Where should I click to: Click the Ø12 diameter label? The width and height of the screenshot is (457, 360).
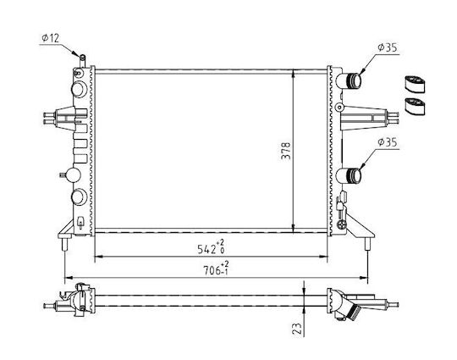[x=51, y=38]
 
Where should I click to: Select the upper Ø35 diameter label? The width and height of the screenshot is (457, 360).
[x=388, y=47]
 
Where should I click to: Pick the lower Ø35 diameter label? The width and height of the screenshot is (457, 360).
[x=388, y=142]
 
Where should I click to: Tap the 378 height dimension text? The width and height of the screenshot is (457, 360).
[x=286, y=151]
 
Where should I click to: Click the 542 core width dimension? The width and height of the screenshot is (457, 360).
[x=211, y=247]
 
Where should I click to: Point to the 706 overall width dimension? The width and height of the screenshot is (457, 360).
[x=216, y=269]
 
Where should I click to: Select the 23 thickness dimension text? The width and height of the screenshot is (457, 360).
[x=296, y=329]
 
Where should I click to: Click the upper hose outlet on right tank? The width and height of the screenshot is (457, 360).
[x=349, y=80]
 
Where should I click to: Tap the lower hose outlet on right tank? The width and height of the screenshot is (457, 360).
[x=349, y=175]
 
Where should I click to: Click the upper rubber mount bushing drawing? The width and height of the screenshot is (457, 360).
[x=415, y=85]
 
